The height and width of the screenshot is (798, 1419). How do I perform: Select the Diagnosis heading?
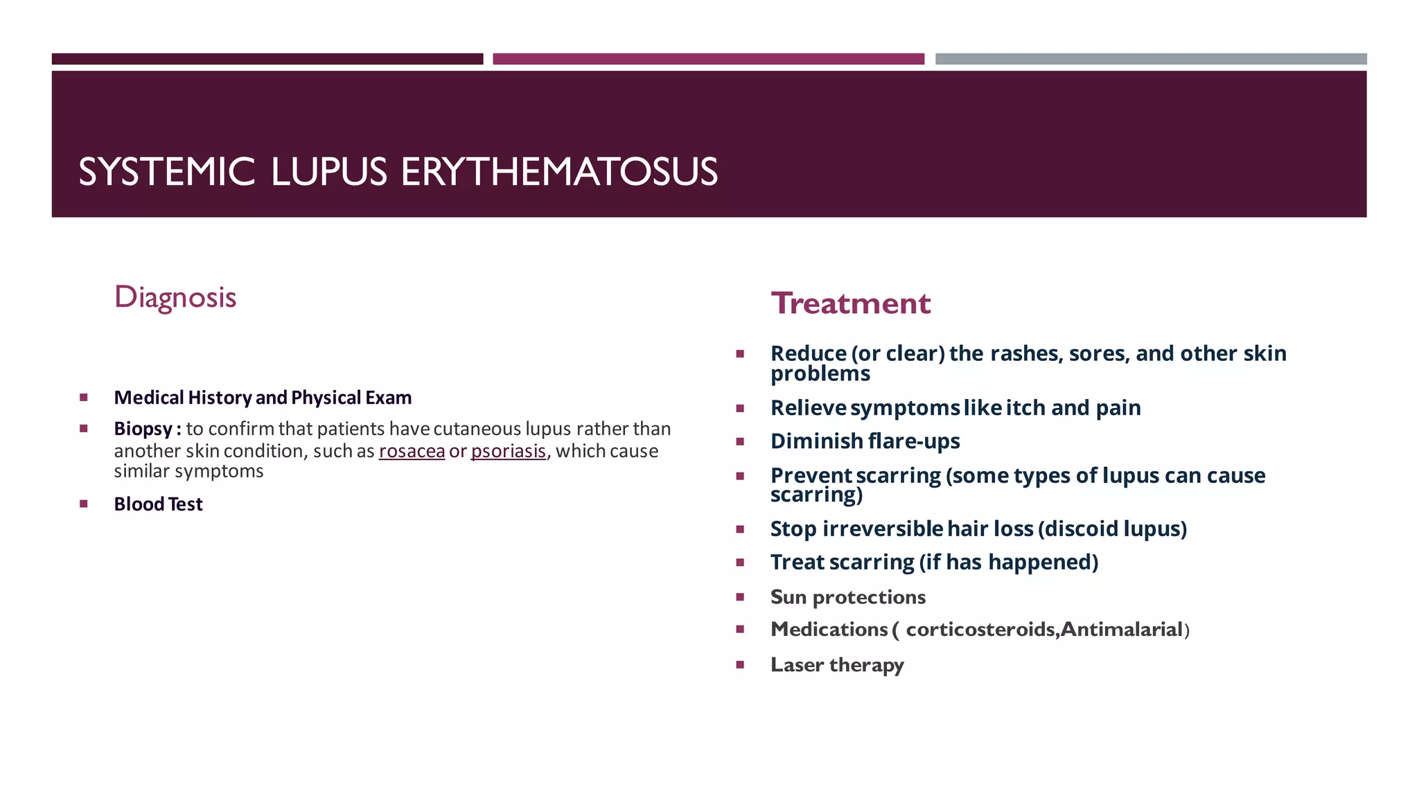click(x=175, y=297)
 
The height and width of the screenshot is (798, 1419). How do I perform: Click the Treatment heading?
click(x=851, y=303)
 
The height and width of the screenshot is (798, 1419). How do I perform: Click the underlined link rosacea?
click(x=412, y=451)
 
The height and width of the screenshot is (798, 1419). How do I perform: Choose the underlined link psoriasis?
click(x=509, y=451)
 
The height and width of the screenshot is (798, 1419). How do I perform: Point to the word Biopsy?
click(x=143, y=429)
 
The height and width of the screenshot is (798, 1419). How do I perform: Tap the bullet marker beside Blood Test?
click(x=84, y=504)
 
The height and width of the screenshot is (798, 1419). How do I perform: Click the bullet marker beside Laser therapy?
click(x=740, y=665)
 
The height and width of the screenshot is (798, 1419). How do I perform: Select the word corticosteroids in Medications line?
click(x=980, y=629)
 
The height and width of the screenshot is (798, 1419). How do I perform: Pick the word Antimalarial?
click(x=1121, y=629)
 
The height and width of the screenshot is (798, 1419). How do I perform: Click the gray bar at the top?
click(x=1150, y=59)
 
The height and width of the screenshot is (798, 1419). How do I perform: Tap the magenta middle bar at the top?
click(x=708, y=59)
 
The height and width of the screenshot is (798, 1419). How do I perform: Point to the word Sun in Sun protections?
click(x=788, y=597)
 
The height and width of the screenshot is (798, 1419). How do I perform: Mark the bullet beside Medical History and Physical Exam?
click(x=84, y=398)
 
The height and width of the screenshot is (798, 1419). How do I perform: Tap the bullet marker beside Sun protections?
click(x=740, y=597)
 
